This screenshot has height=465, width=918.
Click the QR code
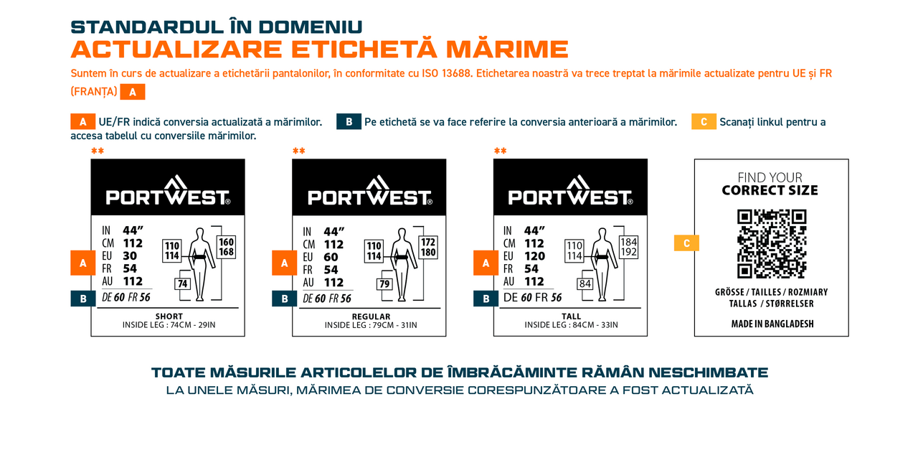pos(772,244)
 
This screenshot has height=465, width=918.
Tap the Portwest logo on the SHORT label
pos(168,191)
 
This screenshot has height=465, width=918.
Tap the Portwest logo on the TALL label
pos(570,191)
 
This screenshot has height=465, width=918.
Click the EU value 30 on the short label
pos(130,256)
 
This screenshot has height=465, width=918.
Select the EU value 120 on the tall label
pos(534,256)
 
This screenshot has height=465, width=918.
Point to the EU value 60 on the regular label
pos(331,257)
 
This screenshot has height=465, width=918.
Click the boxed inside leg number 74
pos(182,284)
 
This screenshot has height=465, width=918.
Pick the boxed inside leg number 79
pos(384,284)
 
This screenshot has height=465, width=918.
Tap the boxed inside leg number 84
pos(585,284)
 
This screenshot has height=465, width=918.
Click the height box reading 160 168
pos(227,247)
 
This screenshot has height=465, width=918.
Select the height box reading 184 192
pos(629,247)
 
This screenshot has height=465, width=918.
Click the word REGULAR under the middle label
pos(371,316)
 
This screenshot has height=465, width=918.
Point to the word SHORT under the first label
pos(169,316)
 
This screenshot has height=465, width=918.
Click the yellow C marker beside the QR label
pos(686,243)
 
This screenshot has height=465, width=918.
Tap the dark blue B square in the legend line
pos(349,122)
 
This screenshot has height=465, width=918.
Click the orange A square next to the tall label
pos(486,263)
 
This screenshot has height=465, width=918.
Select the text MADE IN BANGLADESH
pos(772,324)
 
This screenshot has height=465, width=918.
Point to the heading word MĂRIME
pos(507,50)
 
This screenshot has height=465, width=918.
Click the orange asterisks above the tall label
pos(500,151)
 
